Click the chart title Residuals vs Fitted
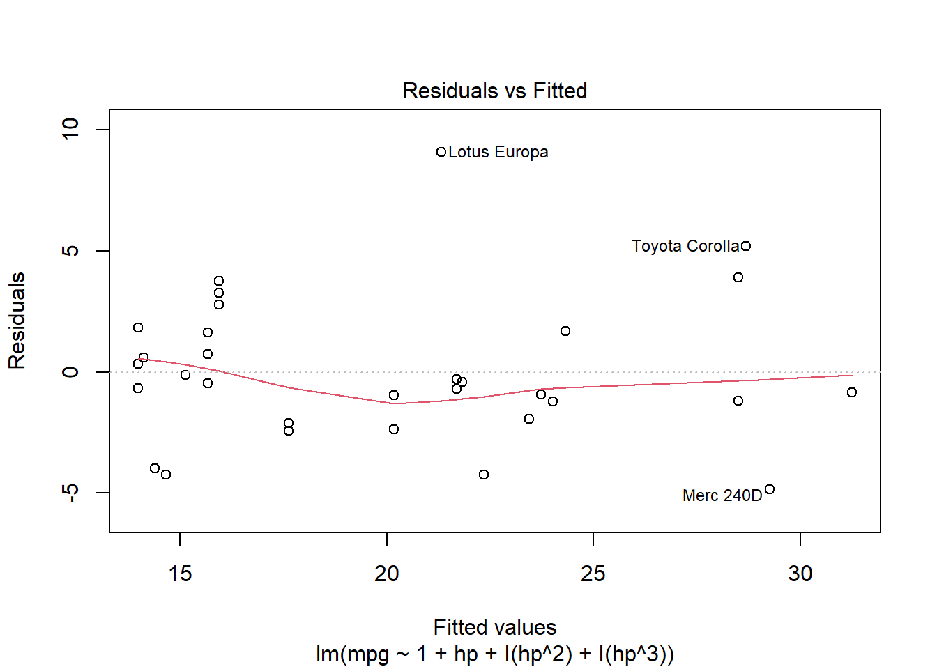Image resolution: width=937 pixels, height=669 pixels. (495, 91)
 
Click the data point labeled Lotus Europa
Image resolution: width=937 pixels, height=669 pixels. (441, 152)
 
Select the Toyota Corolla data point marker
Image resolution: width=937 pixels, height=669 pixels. (746, 246)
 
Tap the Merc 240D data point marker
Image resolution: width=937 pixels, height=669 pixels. (770, 489)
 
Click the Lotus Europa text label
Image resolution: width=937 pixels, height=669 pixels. (498, 152)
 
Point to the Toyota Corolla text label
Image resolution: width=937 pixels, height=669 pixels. (685, 246)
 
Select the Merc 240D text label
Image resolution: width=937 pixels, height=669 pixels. (722, 495)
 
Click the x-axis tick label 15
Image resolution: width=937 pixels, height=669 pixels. (180, 574)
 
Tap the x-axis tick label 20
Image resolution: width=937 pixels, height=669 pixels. (387, 574)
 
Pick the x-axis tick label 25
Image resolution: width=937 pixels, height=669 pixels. (593, 574)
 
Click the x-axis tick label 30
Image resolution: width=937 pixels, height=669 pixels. (800, 574)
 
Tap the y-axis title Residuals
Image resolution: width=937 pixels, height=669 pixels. (17, 321)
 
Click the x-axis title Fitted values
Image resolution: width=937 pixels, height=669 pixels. (495, 627)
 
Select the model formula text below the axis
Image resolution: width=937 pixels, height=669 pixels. (495, 654)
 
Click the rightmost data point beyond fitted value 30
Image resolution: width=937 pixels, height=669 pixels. (852, 392)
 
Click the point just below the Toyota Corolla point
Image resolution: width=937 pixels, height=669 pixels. (738, 277)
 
